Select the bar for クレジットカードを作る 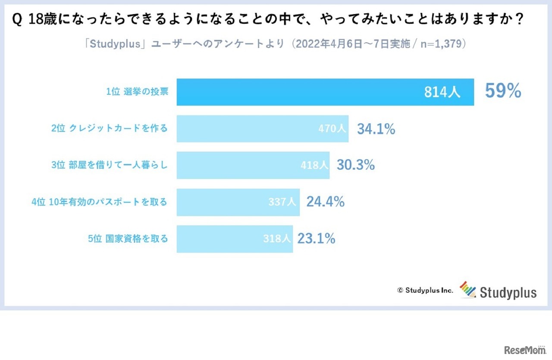(x=246, y=128)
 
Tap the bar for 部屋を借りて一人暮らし (x=237, y=165)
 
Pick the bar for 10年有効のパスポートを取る (x=220, y=202)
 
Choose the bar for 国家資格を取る (x=216, y=238)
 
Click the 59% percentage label (x=503, y=91)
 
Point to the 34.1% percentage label (x=376, y=128)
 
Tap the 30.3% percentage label (x=356, y=165)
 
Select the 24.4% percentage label (x=326, y=202)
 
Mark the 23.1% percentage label (x=316, y=238)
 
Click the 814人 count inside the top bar (x=442, y=92)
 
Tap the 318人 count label (x=277, y=238)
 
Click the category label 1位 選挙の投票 (x=137, y=92)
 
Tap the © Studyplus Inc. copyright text (x=425, y=291)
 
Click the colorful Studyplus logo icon (x=467, y=290)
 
